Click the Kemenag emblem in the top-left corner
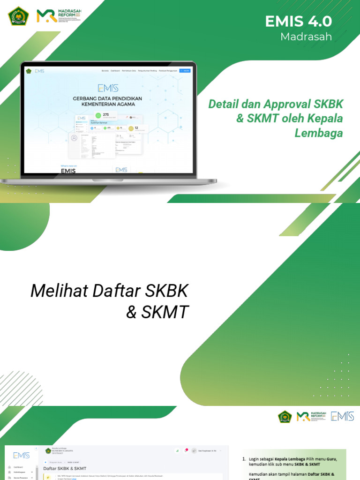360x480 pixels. [18, 15]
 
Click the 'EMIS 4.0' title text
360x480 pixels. [298, 21]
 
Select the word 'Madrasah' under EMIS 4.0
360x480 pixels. [306, 37]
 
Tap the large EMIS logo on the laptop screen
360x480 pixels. [108, 88]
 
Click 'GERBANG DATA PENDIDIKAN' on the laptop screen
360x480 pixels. [107, 98]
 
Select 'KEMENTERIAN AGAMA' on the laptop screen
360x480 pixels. [107, 105]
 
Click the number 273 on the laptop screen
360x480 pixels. [105, 114]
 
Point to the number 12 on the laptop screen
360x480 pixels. [136, 127]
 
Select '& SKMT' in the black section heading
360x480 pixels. [157, 311]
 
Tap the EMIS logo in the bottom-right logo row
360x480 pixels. [342, 416]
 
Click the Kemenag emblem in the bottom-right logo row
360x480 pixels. [285, 416]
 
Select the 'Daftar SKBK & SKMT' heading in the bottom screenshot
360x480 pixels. [65, 468]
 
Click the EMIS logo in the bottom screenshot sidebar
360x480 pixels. [21, 455]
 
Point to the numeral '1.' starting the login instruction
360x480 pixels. [244, 459]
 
